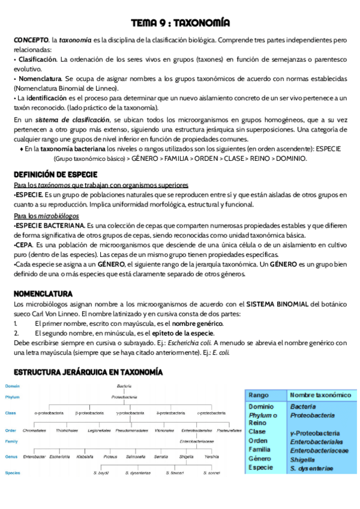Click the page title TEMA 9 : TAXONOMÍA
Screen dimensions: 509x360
(x=179, y=23)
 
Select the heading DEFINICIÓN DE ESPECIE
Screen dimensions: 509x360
(x=52, y=174)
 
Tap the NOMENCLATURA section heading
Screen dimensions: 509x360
(x=43, y=294)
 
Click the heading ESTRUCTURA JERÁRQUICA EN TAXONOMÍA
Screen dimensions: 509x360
(x=88, y=373)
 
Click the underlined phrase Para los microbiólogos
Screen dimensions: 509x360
(x=44, y=215)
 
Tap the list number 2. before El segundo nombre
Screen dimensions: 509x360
(x=17, y=333)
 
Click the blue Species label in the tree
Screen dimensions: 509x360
(x=13, y=473)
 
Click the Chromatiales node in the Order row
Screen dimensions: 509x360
(x=35, y=430)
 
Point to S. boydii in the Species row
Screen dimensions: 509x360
(x=101, y=473)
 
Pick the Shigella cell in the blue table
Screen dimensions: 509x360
(x=303, y=459)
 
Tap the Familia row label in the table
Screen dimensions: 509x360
(x=259, y=449)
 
